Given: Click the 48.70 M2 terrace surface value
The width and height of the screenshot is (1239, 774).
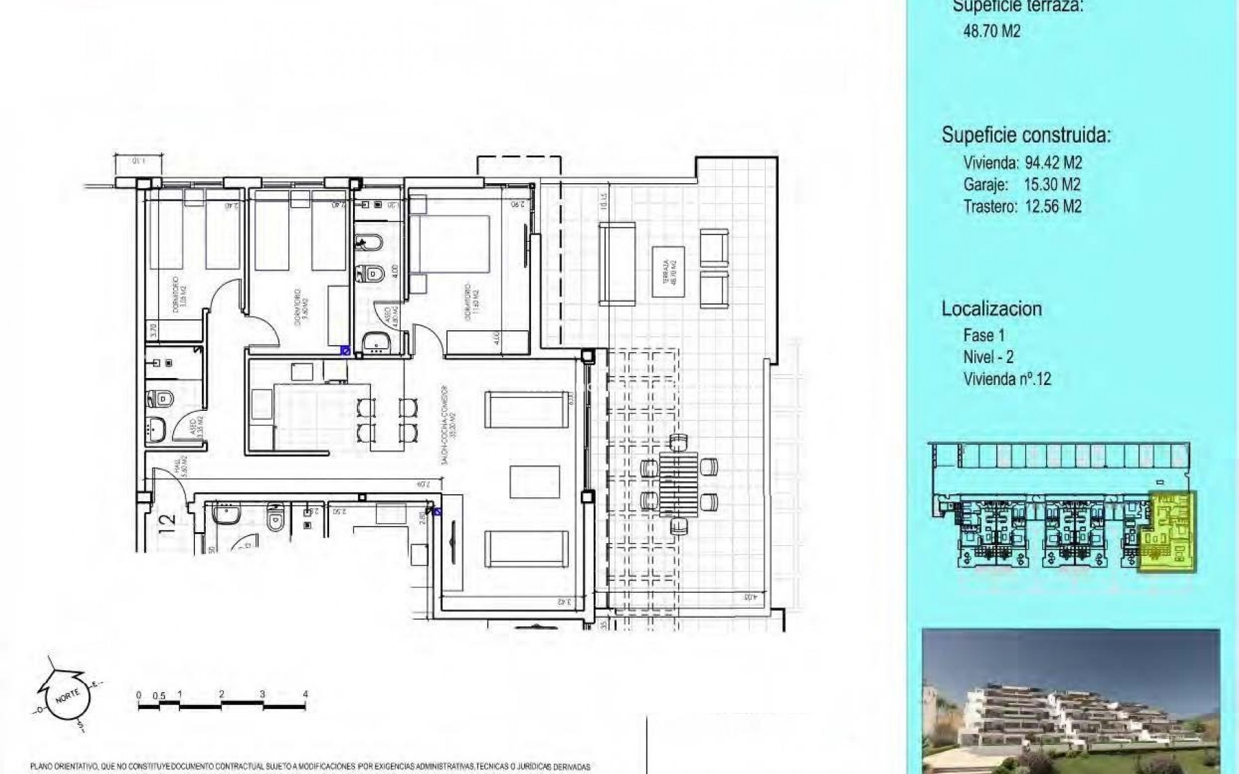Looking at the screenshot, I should coord(991,32).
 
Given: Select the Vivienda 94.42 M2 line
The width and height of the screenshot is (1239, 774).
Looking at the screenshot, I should coord(1022,162).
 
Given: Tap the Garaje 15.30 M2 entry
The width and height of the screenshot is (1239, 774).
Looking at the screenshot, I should coord(1022,184).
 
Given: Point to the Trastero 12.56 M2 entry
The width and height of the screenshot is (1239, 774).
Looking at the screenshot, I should coord(1022,206).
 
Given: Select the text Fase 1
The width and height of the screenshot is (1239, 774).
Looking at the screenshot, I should coord(983,335).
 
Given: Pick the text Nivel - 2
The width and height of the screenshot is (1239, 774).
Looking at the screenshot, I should coord(988,357).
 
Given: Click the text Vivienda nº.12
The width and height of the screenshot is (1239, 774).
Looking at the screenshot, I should coord(1007,379).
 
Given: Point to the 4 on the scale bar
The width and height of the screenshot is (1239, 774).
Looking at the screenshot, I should coord(305,695).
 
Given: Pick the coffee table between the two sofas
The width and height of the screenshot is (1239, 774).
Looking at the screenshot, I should coord(529,482).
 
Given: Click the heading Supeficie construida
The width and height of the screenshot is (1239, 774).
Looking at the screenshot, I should coord(1026,135).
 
